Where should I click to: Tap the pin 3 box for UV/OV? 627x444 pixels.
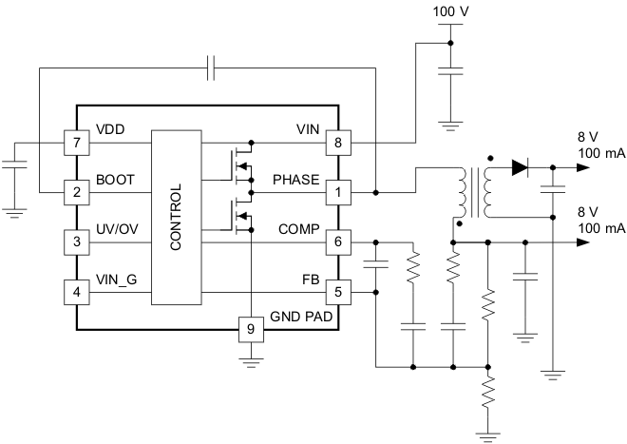point(76,241)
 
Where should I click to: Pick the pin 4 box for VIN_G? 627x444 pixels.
point(76,291)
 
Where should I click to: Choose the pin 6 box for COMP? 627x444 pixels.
point(337,241)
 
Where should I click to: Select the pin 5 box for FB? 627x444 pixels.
point(337,291)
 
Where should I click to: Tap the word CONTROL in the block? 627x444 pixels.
point(175,217)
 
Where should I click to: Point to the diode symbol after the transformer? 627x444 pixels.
point(519,168)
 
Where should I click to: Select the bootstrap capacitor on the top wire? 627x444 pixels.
point(212,68)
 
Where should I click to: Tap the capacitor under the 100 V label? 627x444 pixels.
point(450,70)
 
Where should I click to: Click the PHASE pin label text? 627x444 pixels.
point(295,179)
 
